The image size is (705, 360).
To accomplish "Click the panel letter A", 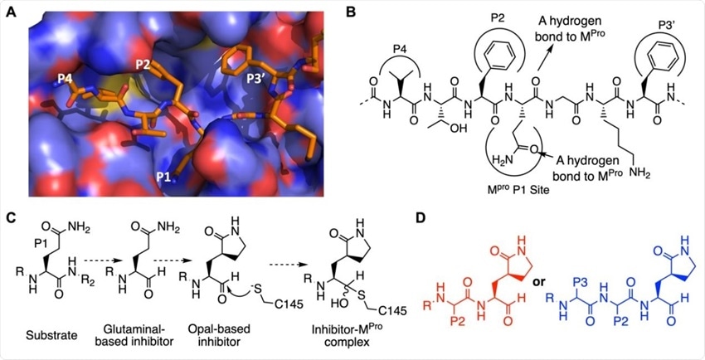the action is coord(11,12).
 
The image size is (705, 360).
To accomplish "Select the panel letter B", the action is coord(353,12).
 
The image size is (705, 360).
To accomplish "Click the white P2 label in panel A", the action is coord(143,66).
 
